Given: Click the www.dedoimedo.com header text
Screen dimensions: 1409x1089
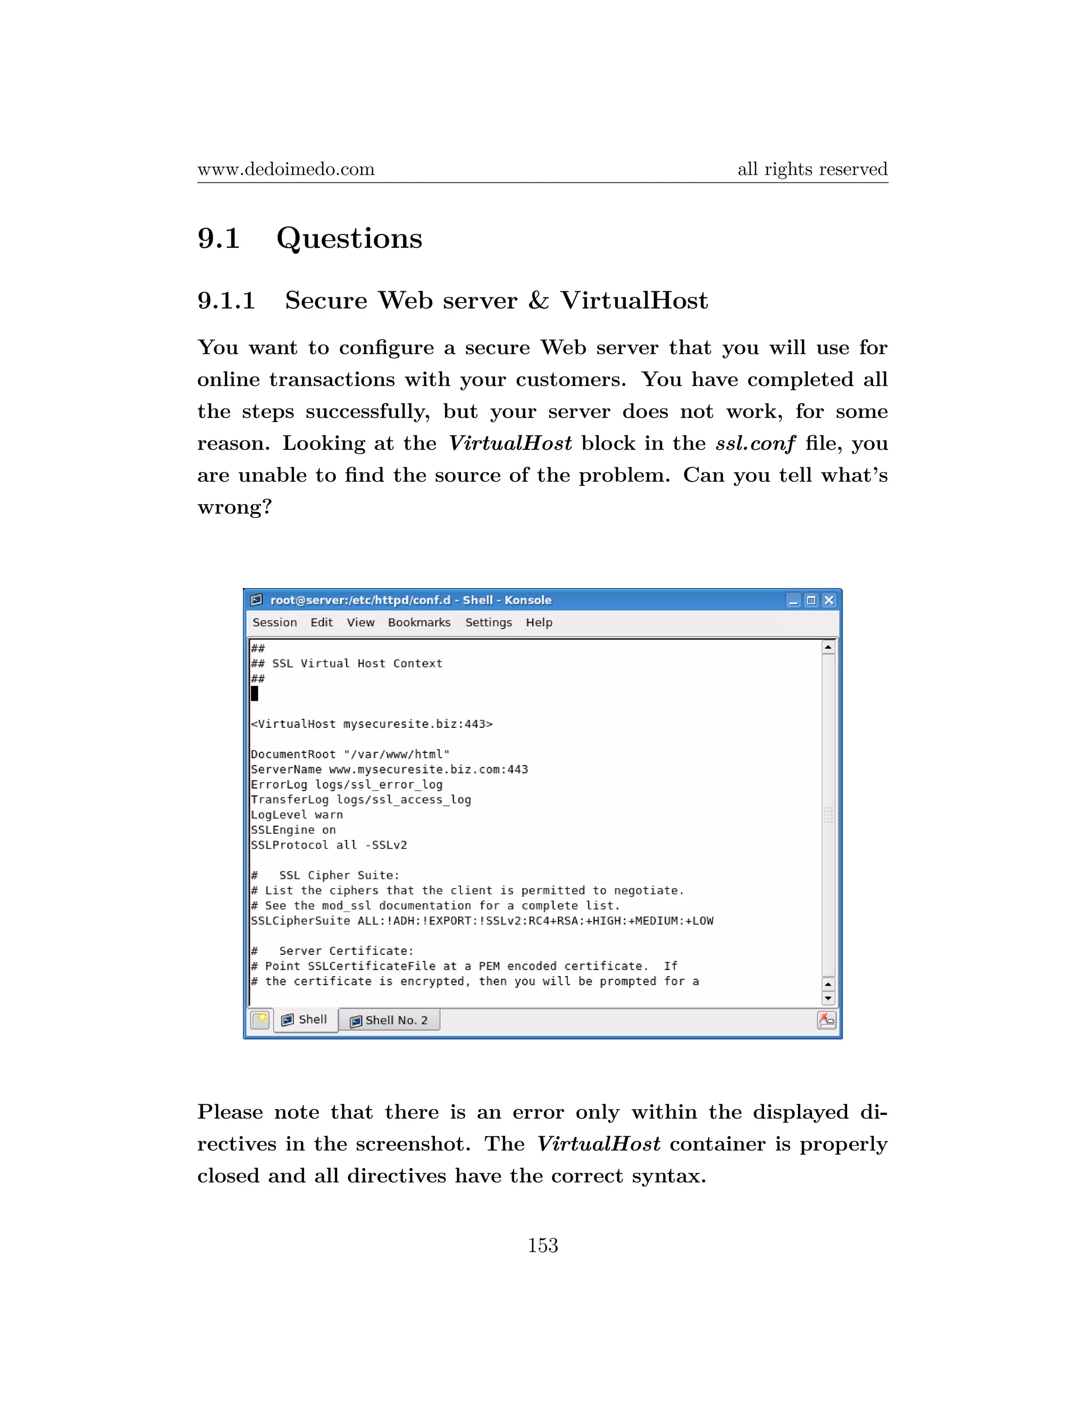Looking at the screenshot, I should click(x=286, y=169).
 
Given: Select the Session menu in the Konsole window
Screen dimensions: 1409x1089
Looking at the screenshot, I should click(x=275, y=623).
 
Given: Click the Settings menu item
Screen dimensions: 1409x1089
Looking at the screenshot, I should click(x=488, y=623).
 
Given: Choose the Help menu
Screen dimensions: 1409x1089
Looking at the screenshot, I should click(x=539, y=623).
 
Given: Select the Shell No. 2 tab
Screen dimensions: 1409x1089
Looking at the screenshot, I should click(x=390, y=1020).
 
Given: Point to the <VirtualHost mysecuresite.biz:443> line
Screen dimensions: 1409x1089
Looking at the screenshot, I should click(x=372, y=724).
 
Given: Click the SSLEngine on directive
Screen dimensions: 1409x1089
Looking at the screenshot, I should click(x=293, y=829).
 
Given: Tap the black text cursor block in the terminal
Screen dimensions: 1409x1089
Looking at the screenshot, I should click(x=254, y=693).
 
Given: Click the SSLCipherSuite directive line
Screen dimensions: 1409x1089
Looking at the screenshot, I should click(x=481, y=920).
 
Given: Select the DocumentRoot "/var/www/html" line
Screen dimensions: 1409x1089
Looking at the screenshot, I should click(x=350, y=754).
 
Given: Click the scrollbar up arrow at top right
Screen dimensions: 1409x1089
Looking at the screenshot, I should click(x=828, y=647).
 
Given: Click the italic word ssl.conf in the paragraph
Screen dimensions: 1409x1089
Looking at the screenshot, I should click(x=755, y=443).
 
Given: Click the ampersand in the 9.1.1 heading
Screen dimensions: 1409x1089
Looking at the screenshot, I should click(x=538, y=300).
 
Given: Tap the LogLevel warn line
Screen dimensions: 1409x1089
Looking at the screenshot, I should click(x=297, y=815).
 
